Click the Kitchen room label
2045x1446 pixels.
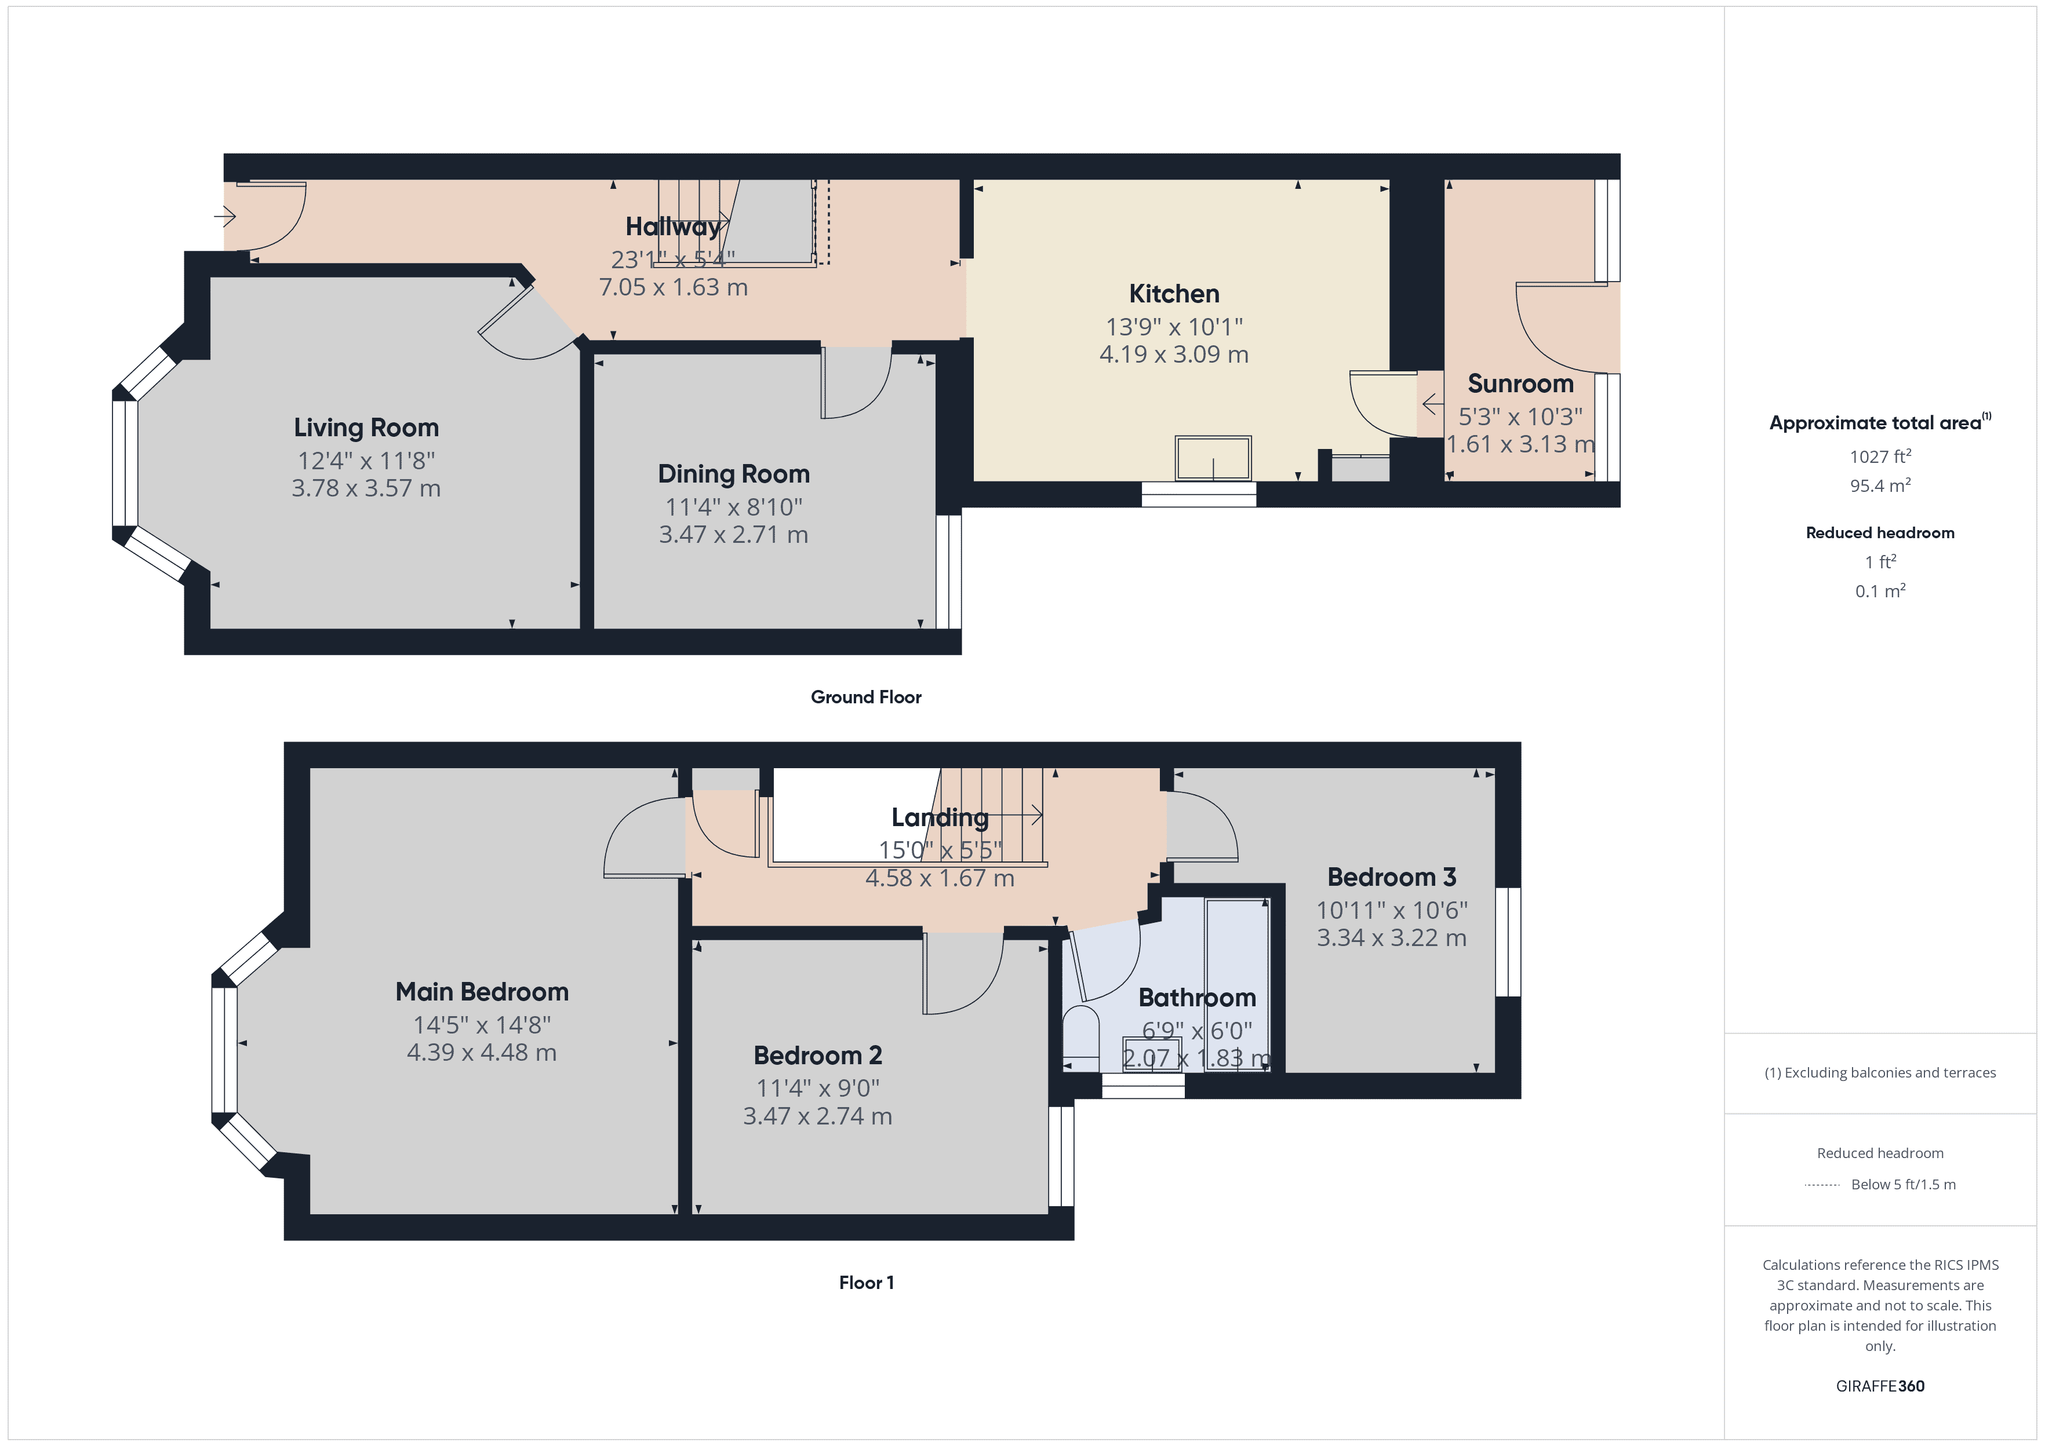pyautogui.click(x=1174, y=294)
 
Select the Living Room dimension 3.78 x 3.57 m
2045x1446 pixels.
pyautogui.click(x=366, y=488)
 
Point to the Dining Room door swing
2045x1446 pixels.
pyautogui.click(x=855, y=383)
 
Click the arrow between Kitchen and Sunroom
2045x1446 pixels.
pyautogui.click(x=1431, y=404)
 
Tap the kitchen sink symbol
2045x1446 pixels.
pyautogui.click(x=1213, y=459)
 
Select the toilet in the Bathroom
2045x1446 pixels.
pyautogui.click(x=1081, y=1038)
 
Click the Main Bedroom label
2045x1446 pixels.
pyautogui.click(x=482, y=992)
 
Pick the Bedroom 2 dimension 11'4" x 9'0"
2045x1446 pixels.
pyautogui.click(x=818, y=1088)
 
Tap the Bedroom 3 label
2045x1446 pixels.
pyautogui.click(x=1391, y=877)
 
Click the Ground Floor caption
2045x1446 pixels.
pyautogui.click(x=866, y=697)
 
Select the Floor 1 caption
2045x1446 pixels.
pyautogui.click(x=866, y=1282)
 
